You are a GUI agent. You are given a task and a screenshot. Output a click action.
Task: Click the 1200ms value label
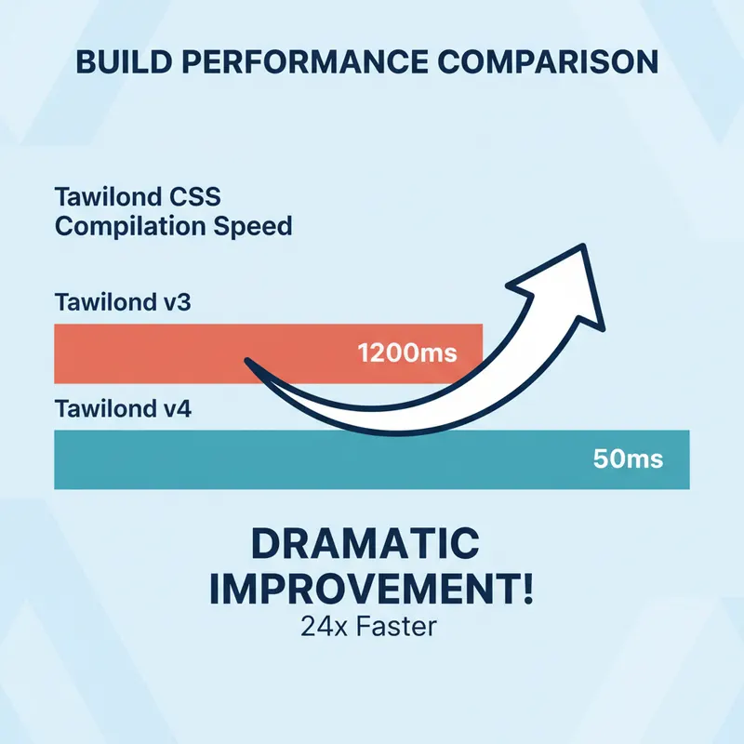click(407, 354)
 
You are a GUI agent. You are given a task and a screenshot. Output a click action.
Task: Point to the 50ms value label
click(628, 459)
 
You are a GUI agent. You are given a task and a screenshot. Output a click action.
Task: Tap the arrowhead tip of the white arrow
click(583, 247)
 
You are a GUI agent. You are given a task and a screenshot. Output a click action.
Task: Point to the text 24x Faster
click(368, 627)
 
